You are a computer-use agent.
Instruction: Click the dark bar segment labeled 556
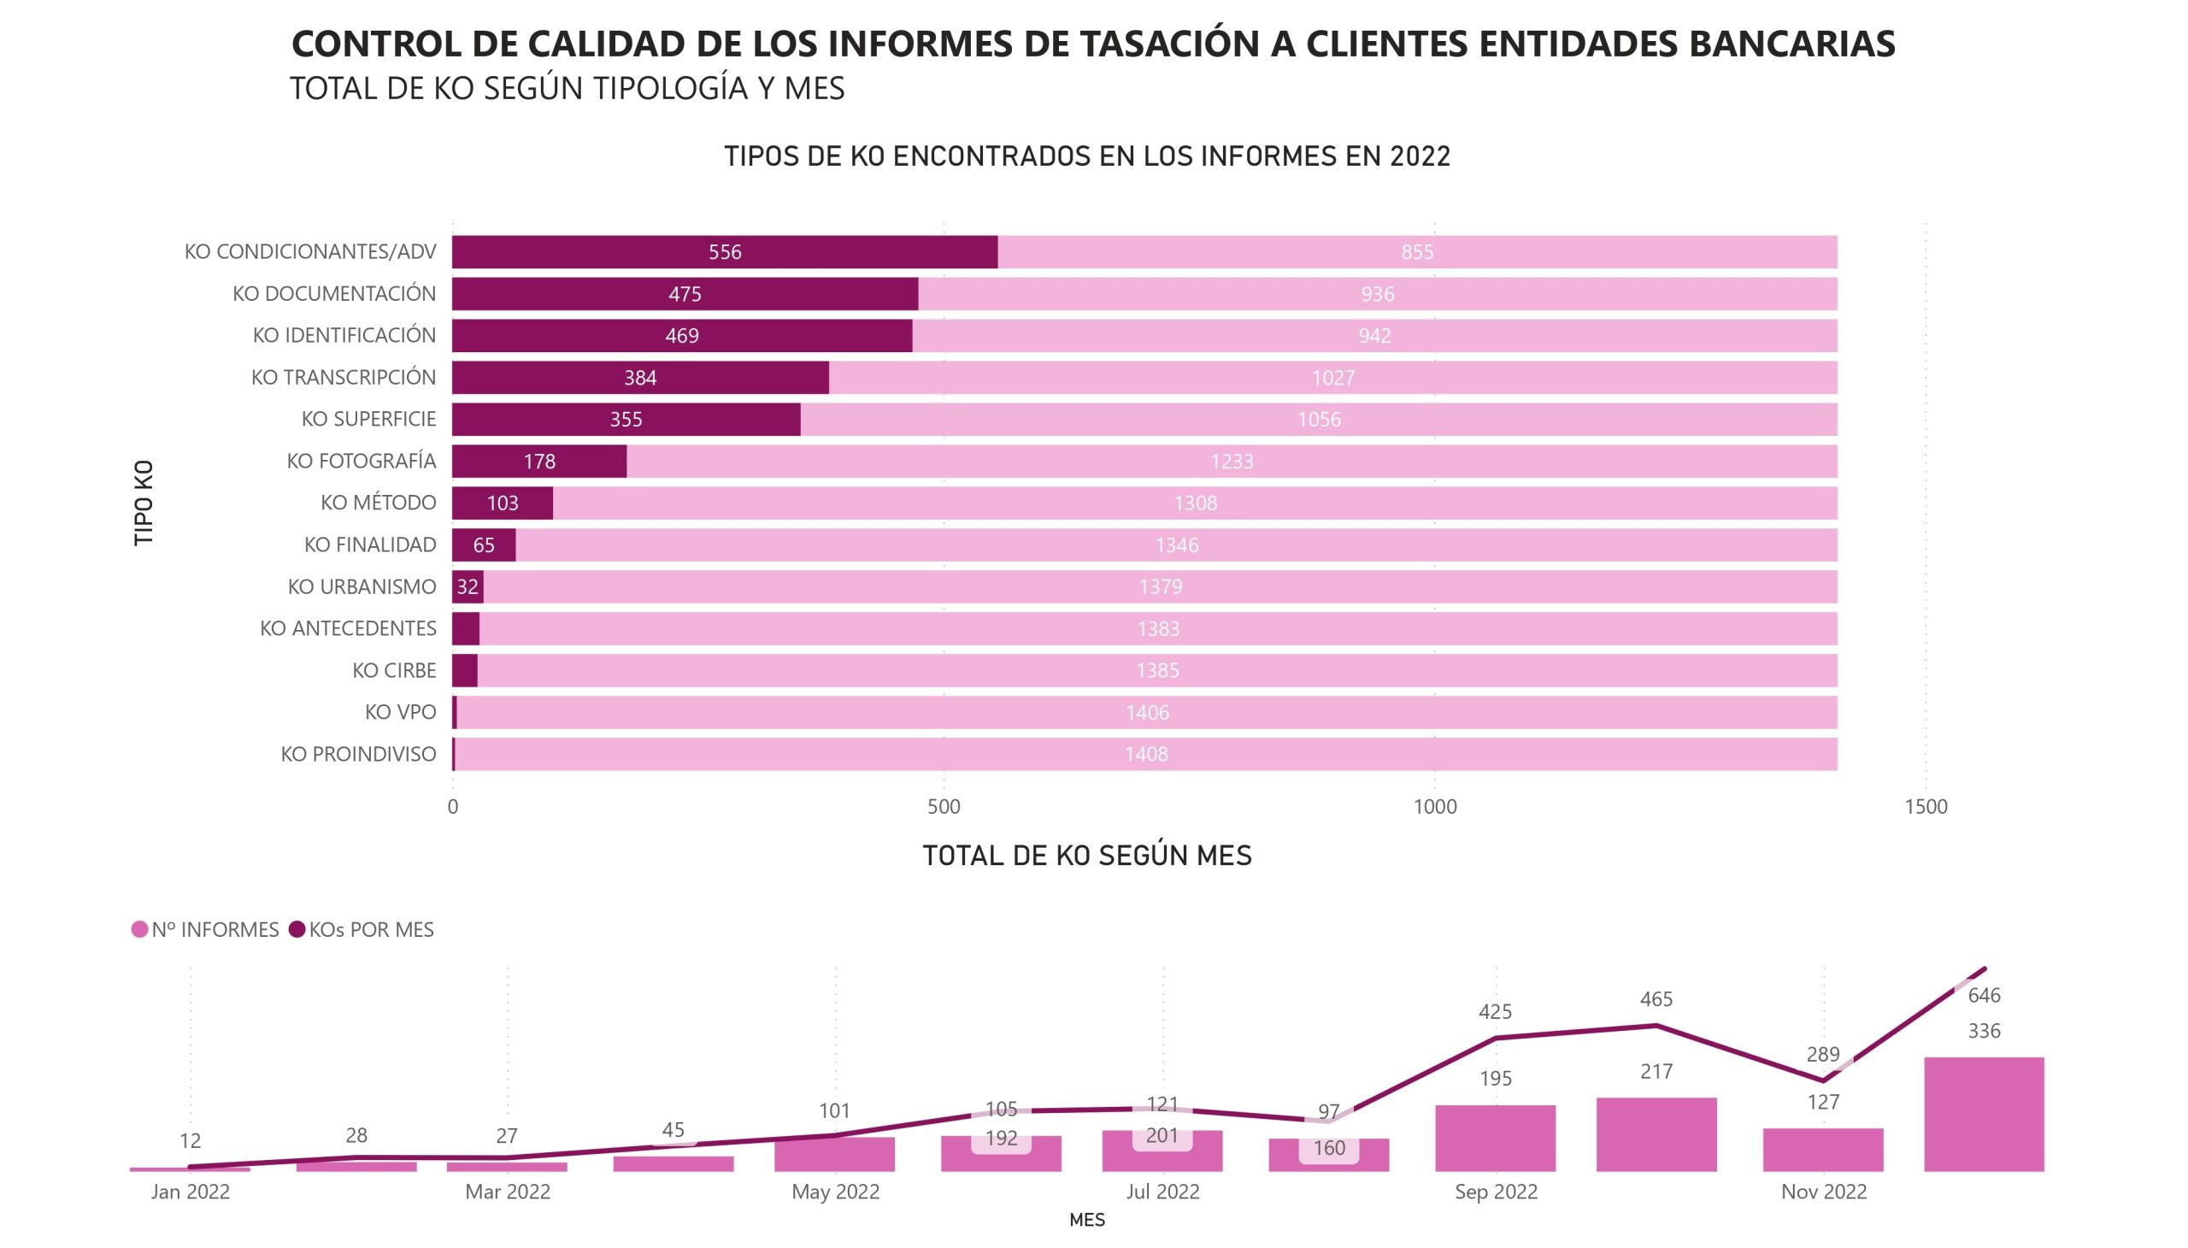click(724, 252)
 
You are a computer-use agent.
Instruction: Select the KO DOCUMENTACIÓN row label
click(334, 294)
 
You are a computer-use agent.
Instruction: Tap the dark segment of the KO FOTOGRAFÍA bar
click(539, 461)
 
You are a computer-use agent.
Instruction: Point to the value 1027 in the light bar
click(1332, 378)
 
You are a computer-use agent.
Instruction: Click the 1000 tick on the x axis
click(1435, 807)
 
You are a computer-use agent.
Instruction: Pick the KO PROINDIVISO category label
click(358, 754)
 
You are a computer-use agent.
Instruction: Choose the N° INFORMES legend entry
click(206, 930)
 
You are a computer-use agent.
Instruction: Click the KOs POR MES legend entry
click(362, 930)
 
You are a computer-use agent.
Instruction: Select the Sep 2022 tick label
click(1496, 1192)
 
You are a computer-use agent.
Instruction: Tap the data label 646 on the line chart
click(1984, 996)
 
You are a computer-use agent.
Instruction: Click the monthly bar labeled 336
click(1984, 1115)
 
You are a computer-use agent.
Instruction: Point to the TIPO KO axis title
click(144, 503)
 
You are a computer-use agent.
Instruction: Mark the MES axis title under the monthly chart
click(1086, 1221)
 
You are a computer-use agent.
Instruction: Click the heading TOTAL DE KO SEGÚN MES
click(1086, 856)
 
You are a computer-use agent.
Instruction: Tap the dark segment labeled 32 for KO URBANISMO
click(468, 587)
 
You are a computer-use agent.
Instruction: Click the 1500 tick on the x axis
click(1926, 807)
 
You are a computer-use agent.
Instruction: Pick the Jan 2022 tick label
click(191, 1192)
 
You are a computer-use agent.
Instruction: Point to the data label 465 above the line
click(1656, 999)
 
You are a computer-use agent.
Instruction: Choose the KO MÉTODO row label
click(378, 503)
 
